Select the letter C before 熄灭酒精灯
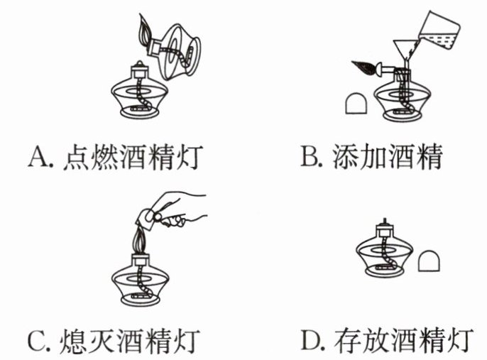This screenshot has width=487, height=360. point(37,341)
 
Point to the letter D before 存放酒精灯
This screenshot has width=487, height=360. point(311,340)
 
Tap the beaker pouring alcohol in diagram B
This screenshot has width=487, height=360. point(439,31)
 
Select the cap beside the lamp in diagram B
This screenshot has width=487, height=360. point(356,104)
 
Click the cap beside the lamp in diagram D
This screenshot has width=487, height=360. point(429,261)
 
